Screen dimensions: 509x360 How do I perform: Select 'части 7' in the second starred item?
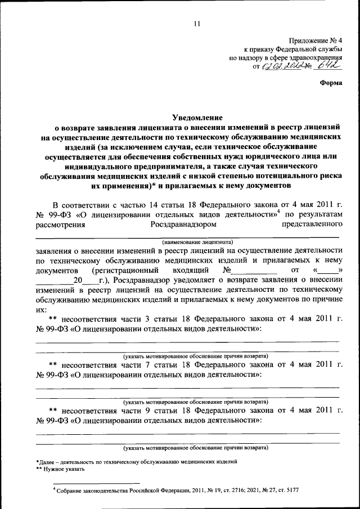pos(147,365)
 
